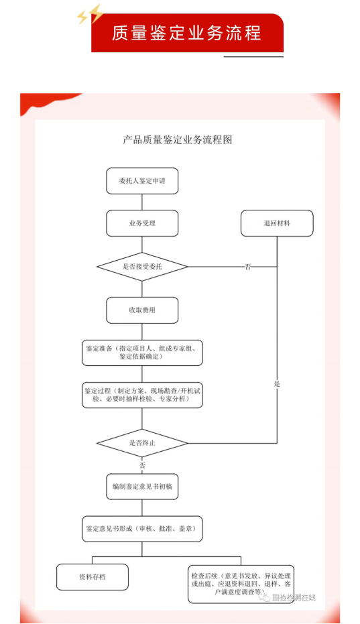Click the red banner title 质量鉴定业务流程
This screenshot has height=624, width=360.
[x=186, y=33]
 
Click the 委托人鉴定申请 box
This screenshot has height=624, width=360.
[x=142, y=181]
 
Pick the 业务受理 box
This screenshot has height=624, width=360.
[x=142, y=223]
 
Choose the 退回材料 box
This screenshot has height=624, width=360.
[x=277, y=223]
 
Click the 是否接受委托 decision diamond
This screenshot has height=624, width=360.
[x=142, y=267]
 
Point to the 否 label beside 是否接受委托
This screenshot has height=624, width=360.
[x=248, y=267]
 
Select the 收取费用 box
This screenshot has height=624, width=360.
[x=142, y=310]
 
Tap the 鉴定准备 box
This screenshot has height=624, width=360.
[x=142, y=353]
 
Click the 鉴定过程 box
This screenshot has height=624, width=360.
[x=142, y=395]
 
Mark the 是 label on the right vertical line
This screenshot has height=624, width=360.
[x=277, y=384]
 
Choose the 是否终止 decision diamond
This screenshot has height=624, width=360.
[x=142, y=443]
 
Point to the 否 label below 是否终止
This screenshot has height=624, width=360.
[x=142, y=464]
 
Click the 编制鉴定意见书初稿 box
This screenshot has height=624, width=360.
[x=142, y=486]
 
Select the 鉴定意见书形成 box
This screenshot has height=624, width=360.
[x=142, y=529]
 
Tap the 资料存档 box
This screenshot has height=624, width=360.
[x=93, y=576]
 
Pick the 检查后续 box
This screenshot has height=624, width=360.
[x=241, y=583]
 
